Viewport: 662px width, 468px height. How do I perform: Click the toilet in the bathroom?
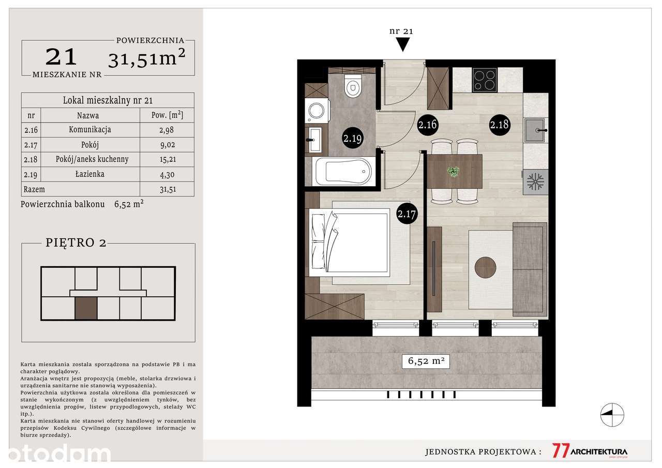[353, 85]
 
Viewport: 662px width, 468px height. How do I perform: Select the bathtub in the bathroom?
[343, 172]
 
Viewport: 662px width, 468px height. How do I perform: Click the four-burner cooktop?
[485, 80]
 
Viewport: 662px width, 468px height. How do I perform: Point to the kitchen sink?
[535, 130]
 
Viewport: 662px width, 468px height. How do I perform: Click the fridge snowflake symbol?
[535, 182]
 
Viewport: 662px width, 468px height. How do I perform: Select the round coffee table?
[485, 267]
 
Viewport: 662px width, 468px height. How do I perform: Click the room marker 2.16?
[427, 125]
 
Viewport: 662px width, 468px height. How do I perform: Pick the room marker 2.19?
[352, 138]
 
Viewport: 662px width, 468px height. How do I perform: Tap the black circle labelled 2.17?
[407, 214]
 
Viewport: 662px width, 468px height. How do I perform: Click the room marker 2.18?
[500, 125]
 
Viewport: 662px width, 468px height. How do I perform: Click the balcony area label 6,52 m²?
[426, 361]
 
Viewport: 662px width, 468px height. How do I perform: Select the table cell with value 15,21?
[167, 160]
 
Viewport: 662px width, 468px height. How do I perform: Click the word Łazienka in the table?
[90, 174]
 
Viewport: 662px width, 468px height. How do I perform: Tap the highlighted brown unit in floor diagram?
[86, 308]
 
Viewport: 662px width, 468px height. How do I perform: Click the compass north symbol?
[612, 415]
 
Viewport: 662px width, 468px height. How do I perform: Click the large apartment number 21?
[61, 57]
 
